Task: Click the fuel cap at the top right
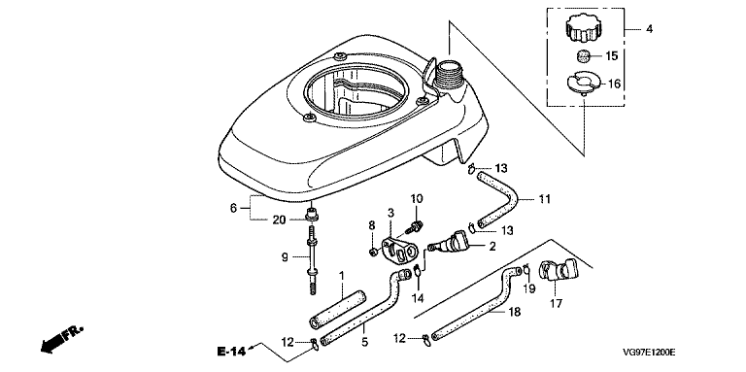[580, 28]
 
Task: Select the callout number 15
[611, 56]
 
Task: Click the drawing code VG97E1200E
[650, 353]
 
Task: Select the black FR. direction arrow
[62, 340]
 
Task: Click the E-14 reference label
[231, 352]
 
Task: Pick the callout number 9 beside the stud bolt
[284, 257]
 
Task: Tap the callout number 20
[279, 219]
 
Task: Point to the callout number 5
[365, 342]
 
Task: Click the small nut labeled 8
[374, 251]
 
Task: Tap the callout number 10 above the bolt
[417, 198]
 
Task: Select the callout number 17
[557, 303]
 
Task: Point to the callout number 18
[515, 312]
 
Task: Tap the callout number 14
[418, 298]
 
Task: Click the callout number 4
[650, 29]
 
